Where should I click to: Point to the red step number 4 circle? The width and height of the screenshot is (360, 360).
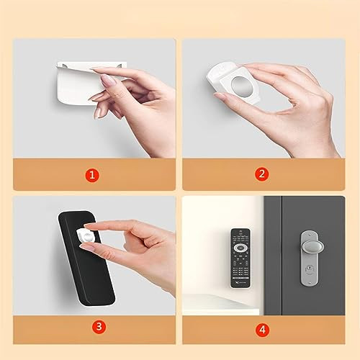[x=262, y=329]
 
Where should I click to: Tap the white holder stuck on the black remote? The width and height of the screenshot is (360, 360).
[x=86, y=236]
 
